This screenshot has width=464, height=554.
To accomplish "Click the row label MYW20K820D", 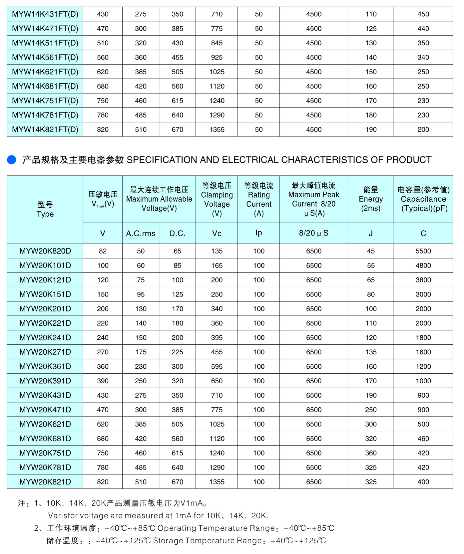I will [45, 251].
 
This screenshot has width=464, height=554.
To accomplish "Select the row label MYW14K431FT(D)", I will [45, 14].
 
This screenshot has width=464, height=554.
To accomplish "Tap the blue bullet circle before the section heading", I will [12, 160].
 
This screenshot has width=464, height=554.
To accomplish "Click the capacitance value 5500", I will [423, 251].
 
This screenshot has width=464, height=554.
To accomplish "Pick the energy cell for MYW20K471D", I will [371, 410].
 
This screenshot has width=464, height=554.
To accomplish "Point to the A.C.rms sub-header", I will [141, 234].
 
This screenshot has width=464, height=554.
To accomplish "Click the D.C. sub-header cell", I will [177, 234].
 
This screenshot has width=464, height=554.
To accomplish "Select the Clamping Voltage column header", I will [217, 199].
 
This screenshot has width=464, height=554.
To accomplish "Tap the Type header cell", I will [45, 209].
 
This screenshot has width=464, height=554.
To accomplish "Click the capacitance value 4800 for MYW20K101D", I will [423, 266].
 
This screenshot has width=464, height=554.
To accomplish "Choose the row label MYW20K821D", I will [45, 482].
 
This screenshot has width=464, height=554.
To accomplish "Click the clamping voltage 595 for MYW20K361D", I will [217, 367].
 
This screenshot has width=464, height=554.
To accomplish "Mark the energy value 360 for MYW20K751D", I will [371, 453].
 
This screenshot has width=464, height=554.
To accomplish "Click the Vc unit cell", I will [217, 234].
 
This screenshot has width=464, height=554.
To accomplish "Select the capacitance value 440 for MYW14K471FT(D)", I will [423, 29].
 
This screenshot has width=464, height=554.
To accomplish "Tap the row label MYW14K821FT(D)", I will [45, 130].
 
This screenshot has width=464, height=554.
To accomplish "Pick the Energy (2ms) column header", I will [371, 199].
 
